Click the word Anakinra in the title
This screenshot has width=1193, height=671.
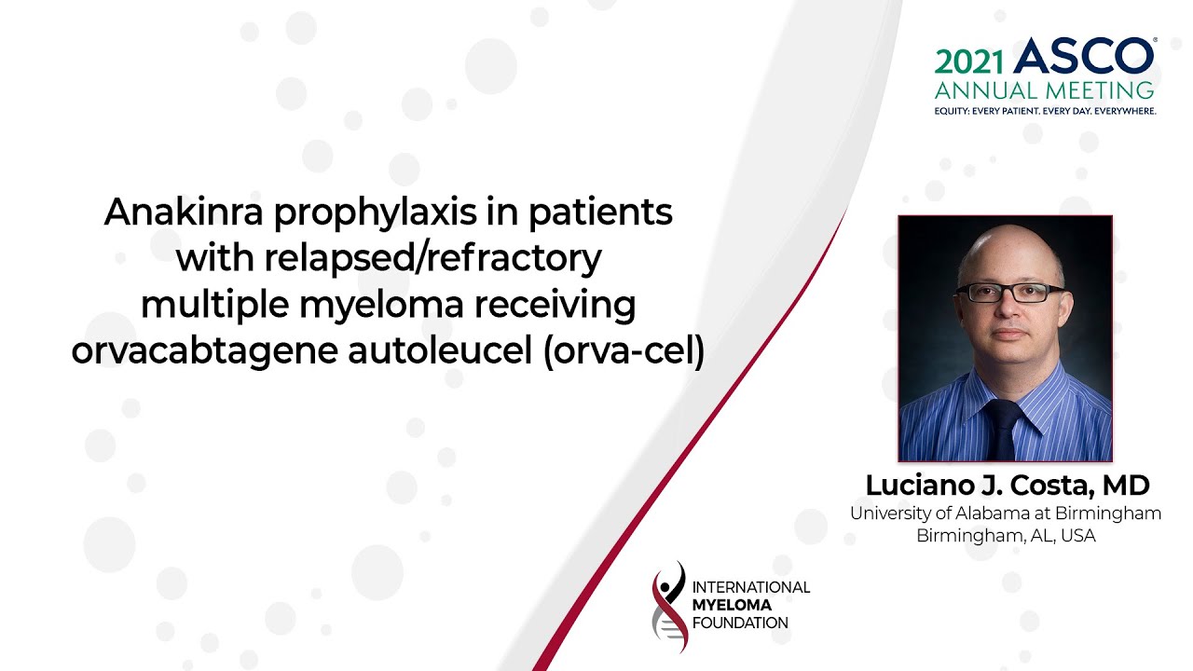(x=184, y=212)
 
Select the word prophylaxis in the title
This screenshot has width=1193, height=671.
(x=375, y=214)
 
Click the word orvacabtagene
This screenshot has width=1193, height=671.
(x=204, y=352)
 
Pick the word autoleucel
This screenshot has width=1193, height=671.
(x=440, y=351)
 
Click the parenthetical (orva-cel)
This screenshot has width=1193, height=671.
(x=624, y=351)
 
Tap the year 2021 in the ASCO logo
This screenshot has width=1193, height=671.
(x=968, y=62)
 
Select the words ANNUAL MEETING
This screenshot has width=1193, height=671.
(x=1045, y=90)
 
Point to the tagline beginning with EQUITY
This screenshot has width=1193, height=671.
(x=1045, y=111)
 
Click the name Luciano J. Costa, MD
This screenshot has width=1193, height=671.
(x=1008, y=486)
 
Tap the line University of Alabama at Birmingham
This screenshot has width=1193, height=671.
(x=1006, y=514)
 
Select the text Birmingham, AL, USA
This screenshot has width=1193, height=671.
(x=1006, y=535)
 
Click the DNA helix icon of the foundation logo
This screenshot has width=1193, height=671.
(x=669, y=607)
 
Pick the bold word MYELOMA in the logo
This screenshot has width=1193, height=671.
(x=732, y=605)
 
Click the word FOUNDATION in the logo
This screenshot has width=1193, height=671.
(x=740, y=623)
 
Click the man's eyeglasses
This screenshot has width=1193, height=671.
(x=1009, y=293)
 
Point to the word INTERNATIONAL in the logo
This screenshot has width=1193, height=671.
(x=751, y=587)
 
